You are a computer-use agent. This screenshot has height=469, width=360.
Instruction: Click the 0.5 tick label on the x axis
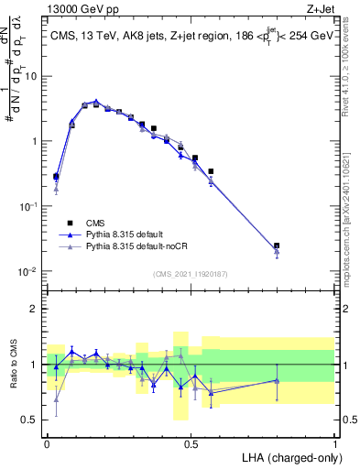click(x=191, y=444)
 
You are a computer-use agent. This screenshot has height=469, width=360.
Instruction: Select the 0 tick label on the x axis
click(x=47, y=444)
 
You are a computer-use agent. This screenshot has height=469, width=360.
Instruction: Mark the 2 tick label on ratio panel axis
click(x=36, y=309)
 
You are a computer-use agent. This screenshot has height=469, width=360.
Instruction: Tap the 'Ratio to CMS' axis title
click(x=13, y=365)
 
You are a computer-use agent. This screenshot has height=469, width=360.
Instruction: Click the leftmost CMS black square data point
click(x=56, y=177)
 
